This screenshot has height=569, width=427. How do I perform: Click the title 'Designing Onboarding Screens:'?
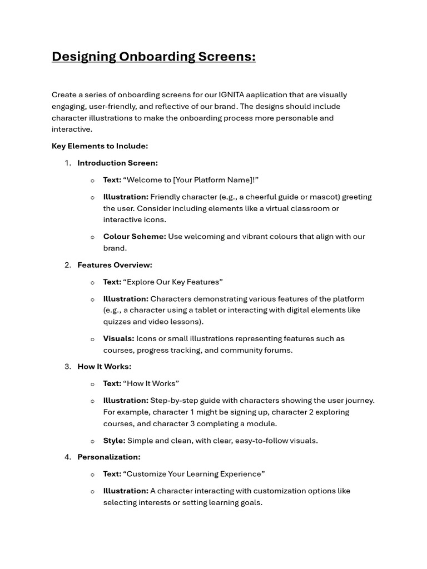pos(153,57)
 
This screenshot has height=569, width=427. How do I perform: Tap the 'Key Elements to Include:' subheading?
pos(100,146)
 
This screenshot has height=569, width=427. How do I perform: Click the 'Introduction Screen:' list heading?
pos(117,163)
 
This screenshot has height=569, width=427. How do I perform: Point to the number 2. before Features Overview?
pos(68,265)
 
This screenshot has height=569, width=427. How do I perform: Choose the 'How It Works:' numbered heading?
pos(104,367)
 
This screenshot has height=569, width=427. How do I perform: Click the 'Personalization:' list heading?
pos(108,457)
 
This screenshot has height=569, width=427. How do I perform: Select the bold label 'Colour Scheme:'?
pos(135,237)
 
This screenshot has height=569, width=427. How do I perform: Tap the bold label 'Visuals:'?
pos(118,338)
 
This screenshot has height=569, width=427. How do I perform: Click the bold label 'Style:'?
pos(114,441)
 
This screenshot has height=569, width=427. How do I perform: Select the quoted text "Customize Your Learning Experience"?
pos(194,474)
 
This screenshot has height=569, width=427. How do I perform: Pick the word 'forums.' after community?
pos(279,350)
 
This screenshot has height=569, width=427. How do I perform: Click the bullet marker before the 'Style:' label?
pos(93,441)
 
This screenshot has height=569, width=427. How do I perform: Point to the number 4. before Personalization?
pos(68,457)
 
